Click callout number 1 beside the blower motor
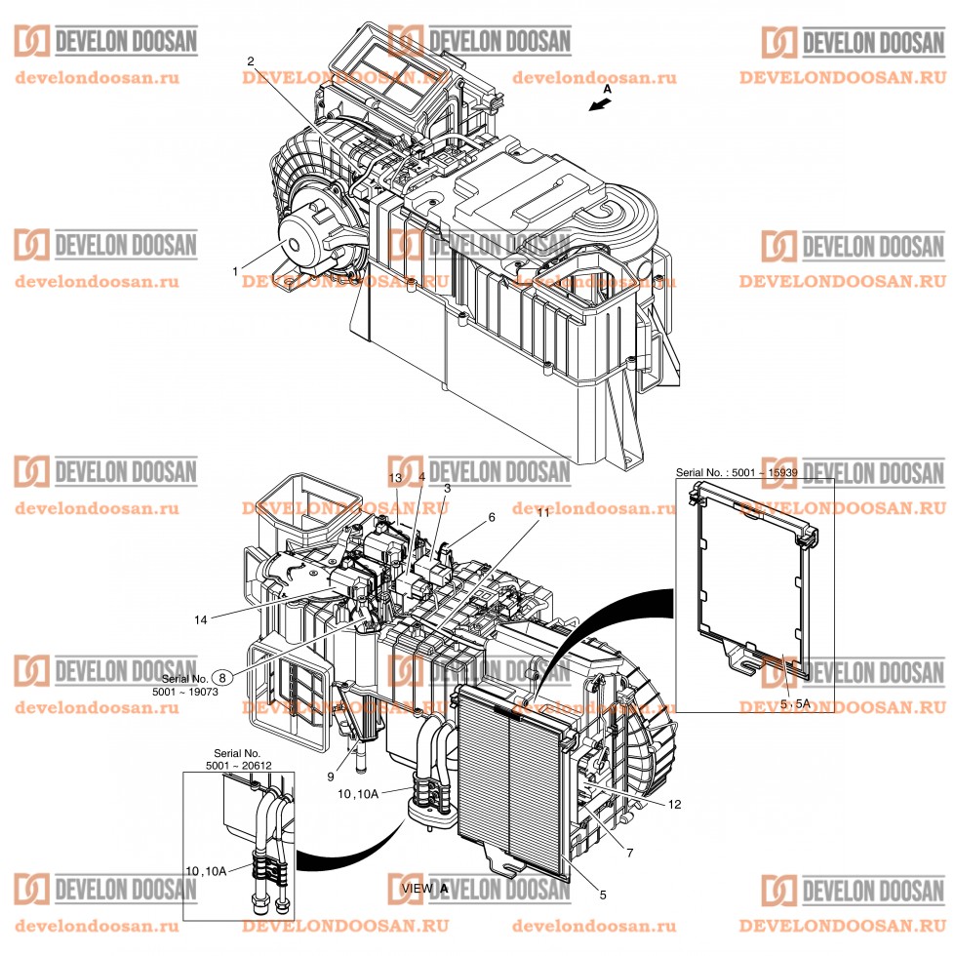[236, 269]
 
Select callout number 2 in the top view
[251, 61]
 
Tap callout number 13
[395, 477]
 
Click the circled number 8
[223, 677]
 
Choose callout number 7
[630, 853]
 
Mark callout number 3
[447, 487]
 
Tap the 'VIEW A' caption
[425, 889]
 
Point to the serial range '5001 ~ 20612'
[238, 767]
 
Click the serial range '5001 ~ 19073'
[198, 692]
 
